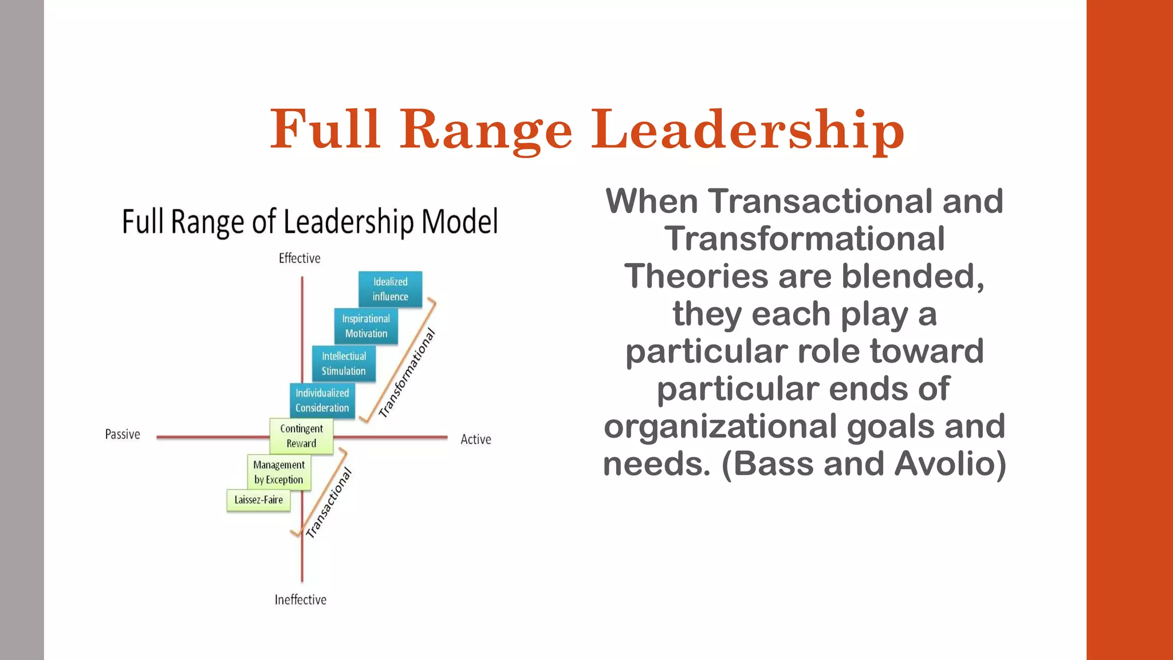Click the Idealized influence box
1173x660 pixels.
coord(390,289)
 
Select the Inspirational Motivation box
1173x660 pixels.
coord(366,326)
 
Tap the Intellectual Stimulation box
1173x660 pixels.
coord(344,363)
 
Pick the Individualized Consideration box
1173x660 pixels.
coord(322,400)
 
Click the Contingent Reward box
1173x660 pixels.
coord(301,436)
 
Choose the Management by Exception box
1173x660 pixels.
coord(279,472)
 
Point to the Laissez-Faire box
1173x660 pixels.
coord(258,500)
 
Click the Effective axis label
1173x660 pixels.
coord(300,258)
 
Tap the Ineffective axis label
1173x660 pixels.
coord(300,600)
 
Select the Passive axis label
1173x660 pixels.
coord(123,434)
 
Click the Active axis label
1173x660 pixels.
coord(476,439)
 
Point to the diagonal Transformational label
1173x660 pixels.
coord(407,372)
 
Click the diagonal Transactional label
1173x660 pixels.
coord(329,503)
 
